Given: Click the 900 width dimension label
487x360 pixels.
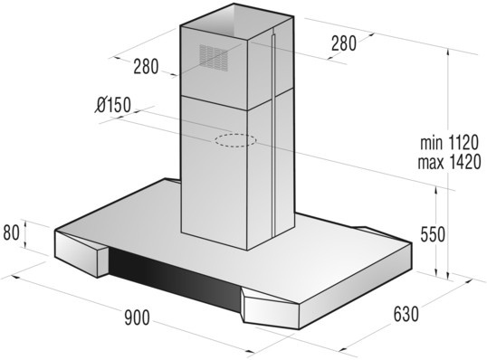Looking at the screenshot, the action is pyautogui.click(x=137, y=317).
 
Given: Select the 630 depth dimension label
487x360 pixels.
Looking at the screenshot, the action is pyautogui.click(x=406, y=314).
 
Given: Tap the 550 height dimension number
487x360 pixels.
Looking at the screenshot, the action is pyautogui.click(x=433, y=234).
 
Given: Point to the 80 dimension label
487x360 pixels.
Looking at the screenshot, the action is pyautogui.click(x=12, y=232).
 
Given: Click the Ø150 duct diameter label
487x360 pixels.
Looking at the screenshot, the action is pyautogui.click(x=113, y=105).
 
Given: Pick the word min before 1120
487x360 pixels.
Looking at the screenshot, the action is pyautogui.click(x=431, y=143).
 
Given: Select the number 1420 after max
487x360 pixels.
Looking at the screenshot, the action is pyautogui.click(x=464, y=162).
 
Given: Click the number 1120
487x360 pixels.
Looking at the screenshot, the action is pyautogui.click(x=463, y=143).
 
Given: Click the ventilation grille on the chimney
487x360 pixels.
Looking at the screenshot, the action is pyautogui.click(x=214, y=56).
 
